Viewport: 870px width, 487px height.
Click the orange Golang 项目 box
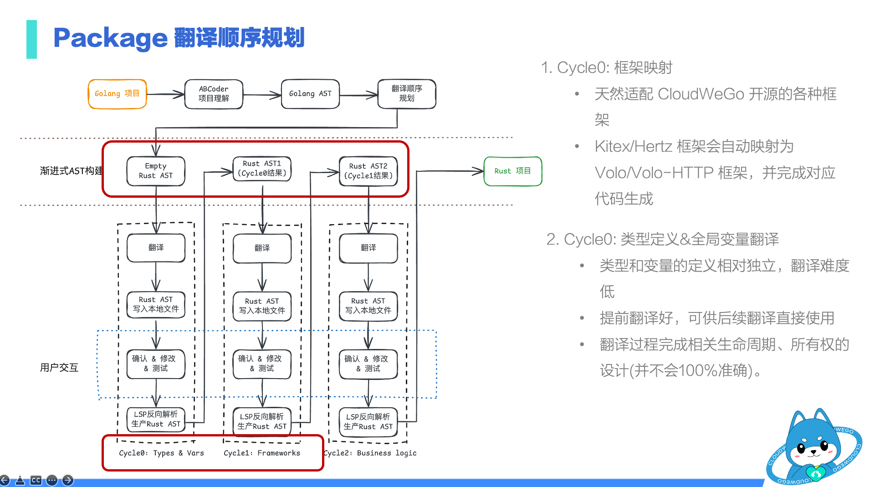pyautogui.click(x=117, y=94)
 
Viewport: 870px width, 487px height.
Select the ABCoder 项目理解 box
pyautogui.click(x=214, y=94)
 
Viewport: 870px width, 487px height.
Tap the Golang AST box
pyautogui.click(x=310, y=94)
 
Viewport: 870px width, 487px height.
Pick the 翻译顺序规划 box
pyautogui.click(x=407, y=94)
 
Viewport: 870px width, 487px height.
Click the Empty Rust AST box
pyautogui.click(x=156, y=171)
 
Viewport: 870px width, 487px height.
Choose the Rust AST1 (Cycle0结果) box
pyautogui.click(x=262, y=169)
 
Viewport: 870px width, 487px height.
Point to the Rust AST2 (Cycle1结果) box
pyautogui.click(x=368, y=171)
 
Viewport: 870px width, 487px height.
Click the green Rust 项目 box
pyautogui.click(x=513, y=171)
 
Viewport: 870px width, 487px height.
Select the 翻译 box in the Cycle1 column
pyautogui.click(x=262, y=248)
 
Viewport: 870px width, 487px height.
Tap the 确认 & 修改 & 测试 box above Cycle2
pyautogui.click(x=368, y=364)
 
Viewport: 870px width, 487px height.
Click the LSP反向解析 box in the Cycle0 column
pyautogui.click(x=156, y=419)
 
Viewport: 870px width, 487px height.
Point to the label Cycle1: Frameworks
pyautogui.click(x=262, y=453)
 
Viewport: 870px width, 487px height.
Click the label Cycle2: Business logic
pyautogui.click(x=370, y=453)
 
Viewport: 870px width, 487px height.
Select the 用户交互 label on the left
pyautogui.click(x=59, y=368)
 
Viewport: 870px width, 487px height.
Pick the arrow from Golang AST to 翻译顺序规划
pyautogui.click(x=359, y=95)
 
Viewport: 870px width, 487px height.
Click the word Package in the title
pyautogui.click(x=111, y=38)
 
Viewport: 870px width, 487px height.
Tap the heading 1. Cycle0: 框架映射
pyautogui.click(x=607, y=67)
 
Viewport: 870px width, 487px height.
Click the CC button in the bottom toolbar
pyautogui.click(x=36, y=480)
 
